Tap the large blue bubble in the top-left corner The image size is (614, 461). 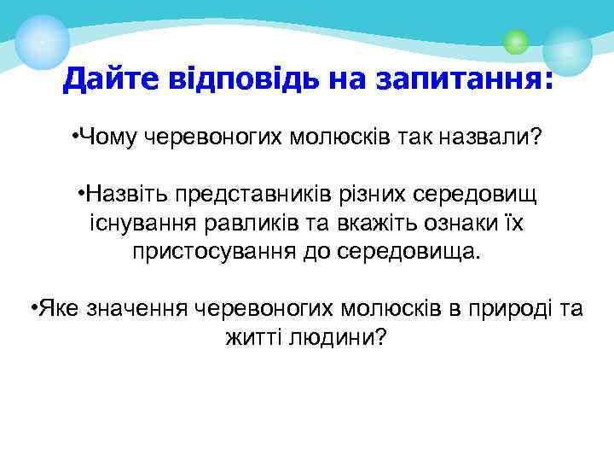click(x=42, y=41)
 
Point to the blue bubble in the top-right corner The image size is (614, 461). click(x=567, y=50)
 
